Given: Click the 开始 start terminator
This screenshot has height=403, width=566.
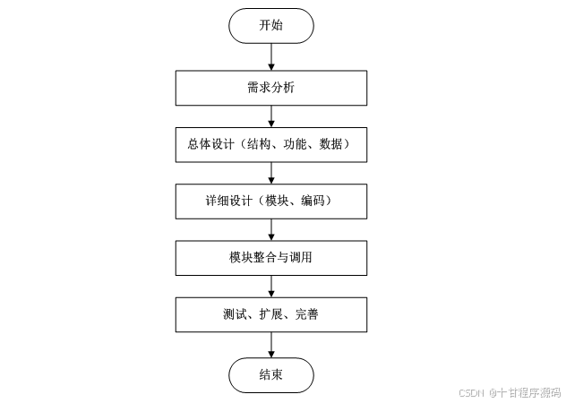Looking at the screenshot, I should [x=270, y=26].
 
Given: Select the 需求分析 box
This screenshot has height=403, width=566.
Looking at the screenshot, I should [x=270, y=88].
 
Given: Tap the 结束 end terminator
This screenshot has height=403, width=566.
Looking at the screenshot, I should [x=270, y=374].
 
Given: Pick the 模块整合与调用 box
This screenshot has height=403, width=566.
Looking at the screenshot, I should [x=270, y=259].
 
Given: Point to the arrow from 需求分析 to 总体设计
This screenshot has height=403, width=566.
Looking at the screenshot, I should [x=270, y=116].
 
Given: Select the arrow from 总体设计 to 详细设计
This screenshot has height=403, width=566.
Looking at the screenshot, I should [x=270, y=174].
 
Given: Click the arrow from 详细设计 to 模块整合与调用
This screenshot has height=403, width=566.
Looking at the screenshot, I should [x=270, y=230].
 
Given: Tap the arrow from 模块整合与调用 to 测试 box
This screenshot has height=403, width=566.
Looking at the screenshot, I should [x=270, y=287].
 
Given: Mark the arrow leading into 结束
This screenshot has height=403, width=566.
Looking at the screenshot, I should [x=270, y=345].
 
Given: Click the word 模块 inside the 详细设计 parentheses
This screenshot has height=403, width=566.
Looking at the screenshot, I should [x=276, y=201].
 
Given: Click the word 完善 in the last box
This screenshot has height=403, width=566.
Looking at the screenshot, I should [x=305, y=315].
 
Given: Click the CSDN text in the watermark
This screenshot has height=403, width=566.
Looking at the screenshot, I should [x=471, y=392].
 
